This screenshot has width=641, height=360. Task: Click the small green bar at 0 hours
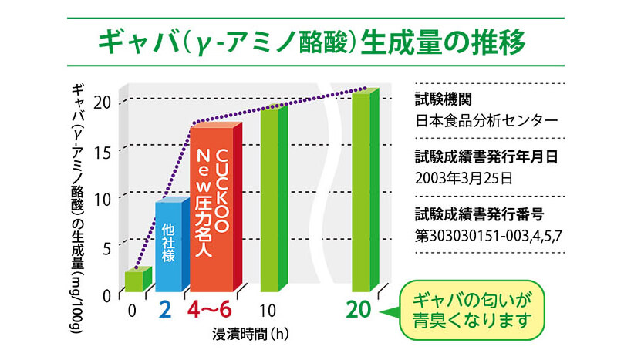pyautogui.click(x=133, y=281)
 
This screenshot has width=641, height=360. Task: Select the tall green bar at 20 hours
pyautogui.click(x=362, y=193)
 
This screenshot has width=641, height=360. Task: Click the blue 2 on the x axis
pyautogui.click(x=165, y=310)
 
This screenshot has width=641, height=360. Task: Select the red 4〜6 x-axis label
pyautogui.click(x=210, y=310)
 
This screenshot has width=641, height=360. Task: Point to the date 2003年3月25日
pyautogui.click(x=462, y=177)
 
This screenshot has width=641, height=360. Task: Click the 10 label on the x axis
pyautogui.click(x=268, y=310)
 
